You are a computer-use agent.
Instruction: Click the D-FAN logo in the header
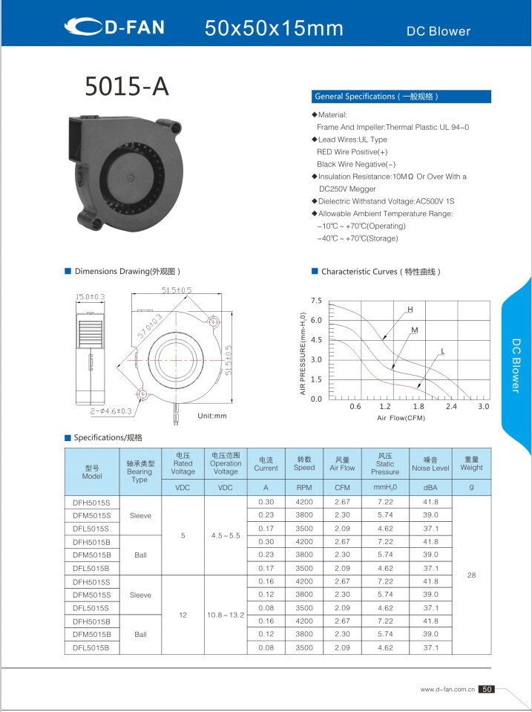(x=114, y=28)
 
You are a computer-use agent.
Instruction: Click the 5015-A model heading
(x=127, y=87)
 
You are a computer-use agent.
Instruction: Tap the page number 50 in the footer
(x=487, y=690)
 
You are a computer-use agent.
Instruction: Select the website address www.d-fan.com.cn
(x=447, y=690)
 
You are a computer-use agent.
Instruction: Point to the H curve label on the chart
(x=410, y=308)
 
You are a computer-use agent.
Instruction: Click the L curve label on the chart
(x=442, y=350)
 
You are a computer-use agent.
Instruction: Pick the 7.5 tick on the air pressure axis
(x=316, y=301)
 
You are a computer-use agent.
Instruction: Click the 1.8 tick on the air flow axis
(x=418, y=407)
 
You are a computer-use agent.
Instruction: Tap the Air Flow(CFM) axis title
(x=400, y=418)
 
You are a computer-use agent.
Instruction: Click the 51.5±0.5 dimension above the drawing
(x=176, y=290)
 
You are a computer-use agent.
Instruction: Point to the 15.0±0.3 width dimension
(x=91, y=297)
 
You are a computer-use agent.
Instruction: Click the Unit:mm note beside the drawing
(x=212, y=416)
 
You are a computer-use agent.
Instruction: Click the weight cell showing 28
(x=471, y=575)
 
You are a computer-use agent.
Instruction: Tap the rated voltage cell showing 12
(x=183, y=615)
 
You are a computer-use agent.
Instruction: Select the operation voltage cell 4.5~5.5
(x=225, y=535)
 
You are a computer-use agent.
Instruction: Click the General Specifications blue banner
(x=400, y=97)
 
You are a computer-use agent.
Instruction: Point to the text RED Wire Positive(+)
(x=352, y=151)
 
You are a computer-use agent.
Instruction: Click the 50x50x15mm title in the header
(x=274, y=29)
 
